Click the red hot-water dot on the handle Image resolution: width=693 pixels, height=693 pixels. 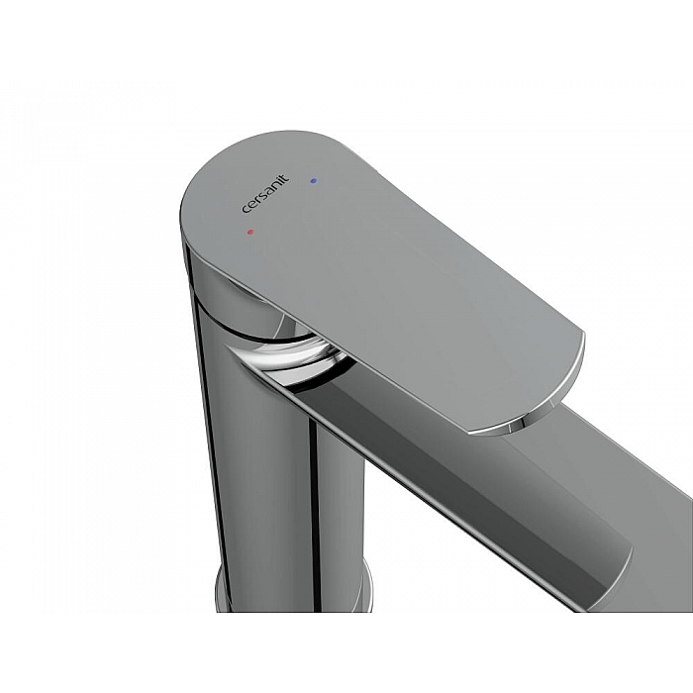(x=250, y=231)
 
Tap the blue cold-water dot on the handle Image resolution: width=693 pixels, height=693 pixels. (x=314, y=180)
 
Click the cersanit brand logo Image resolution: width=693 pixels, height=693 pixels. (x=265, y=194)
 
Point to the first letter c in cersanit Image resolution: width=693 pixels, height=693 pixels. (x=246, y=210)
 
